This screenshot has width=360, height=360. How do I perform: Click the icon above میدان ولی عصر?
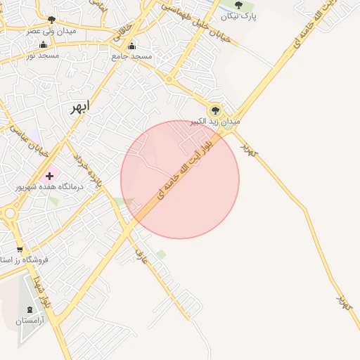51,20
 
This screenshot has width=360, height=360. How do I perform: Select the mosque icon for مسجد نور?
44,44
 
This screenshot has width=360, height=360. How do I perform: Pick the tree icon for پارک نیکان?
238,6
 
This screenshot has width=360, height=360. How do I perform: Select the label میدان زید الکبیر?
215,122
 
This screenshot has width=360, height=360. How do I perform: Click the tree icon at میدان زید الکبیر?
215,110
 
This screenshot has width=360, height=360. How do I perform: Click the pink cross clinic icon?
49,176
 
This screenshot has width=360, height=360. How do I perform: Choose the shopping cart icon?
19,249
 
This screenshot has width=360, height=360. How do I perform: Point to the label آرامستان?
30,321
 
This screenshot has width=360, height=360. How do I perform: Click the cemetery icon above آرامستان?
30,309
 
